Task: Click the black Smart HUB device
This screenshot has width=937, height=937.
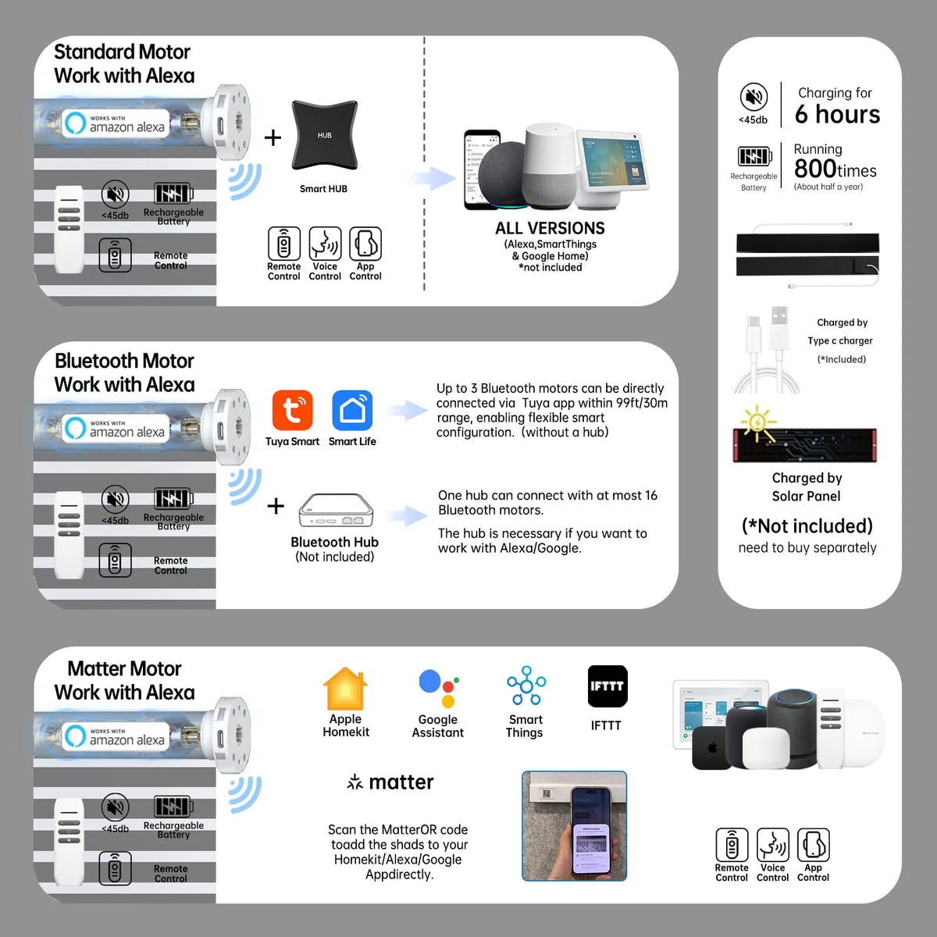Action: coord(324,134)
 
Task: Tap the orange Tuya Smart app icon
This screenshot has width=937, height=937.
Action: coord(292,410)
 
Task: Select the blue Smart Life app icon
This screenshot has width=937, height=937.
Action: coord(352,410)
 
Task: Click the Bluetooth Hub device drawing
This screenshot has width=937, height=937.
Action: coord(336,510)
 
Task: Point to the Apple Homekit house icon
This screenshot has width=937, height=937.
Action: coord(345,688)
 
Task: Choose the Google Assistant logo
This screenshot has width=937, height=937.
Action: coord(439,688)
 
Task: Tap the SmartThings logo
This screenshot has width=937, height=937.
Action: coord(526,686)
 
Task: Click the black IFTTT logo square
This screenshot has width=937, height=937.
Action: coord(607,686)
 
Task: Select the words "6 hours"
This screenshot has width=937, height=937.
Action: coord(837,114)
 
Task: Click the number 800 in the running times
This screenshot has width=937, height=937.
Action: coord(815,169)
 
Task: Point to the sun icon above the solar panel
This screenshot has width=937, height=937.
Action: coord(757,422)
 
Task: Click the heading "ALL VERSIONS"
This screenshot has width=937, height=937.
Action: coord(550,228)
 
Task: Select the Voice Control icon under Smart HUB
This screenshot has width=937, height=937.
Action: coord(325,243)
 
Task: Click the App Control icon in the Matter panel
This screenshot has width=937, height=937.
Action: coord(813,845)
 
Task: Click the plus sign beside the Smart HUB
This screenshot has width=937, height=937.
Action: coord(273,137)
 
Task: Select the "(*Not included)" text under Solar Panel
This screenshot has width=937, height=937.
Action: coord(807,526)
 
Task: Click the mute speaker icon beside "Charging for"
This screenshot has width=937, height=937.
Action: coord(754,96)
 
